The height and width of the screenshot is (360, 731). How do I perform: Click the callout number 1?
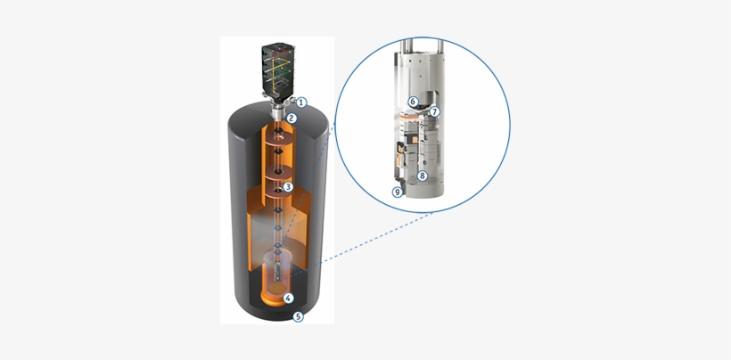pyautogui.click(x=301, y=102)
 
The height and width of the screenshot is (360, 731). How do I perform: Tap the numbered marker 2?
pyautogui.click(x=292, y=118)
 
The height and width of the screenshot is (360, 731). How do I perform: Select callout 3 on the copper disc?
pyautogui.click(x=288, y=187)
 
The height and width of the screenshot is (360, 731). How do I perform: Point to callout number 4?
pyautogui.click(x=289, y=298)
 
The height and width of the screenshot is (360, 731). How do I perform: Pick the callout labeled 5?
pyautogui.click(x=298, y=316)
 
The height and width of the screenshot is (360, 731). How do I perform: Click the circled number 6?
pyautogui.click(x=412, y=102)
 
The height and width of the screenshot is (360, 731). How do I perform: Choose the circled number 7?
pyautogui.click(x=434, y=111)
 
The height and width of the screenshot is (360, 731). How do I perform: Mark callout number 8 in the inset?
pyautogui.click(x=423, y=176)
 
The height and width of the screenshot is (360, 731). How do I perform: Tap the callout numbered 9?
pyautogui.click(x=398, y=192)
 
